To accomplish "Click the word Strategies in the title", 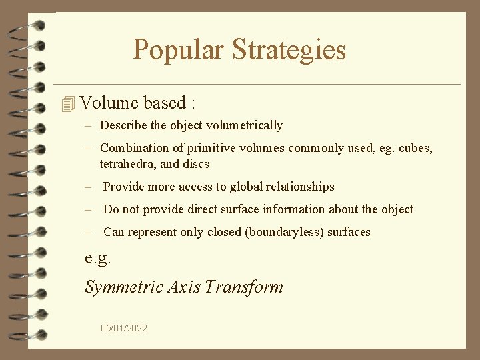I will click(x=289, y=50).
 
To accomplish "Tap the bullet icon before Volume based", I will click(x=67, y=104).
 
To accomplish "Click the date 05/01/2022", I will click(x=124, y=328).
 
